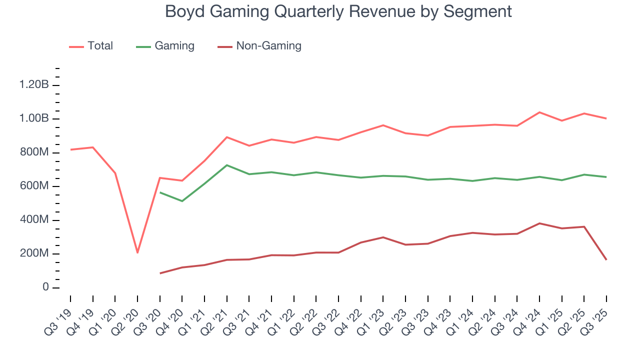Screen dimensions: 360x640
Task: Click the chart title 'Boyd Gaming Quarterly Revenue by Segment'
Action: click(x=338, y=11)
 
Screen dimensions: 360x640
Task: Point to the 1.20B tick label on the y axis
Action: click(x=34, y=85)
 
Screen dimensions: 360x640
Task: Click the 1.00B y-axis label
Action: click(x=34, y=119)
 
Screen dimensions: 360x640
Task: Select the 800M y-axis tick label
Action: click(x=34, y=152)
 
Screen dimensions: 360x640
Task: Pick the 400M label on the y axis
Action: click(x=34, y=220)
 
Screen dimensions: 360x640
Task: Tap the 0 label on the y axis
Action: click(x=45, y=287)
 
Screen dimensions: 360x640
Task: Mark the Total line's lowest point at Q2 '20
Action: click(x=137, y=252)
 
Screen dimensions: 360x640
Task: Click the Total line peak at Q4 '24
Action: click(x=539, y=112)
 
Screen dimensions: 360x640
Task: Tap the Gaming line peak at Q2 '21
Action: click(x=227, y=165)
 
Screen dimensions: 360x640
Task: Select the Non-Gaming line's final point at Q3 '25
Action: click(x=606, y=259)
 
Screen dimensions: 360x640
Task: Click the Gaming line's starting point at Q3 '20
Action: click(x=160, y=192)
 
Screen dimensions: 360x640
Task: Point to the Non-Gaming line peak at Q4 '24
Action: click(x=539, y=223)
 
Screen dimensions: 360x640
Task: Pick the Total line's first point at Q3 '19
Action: click(x=70, y=149)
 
